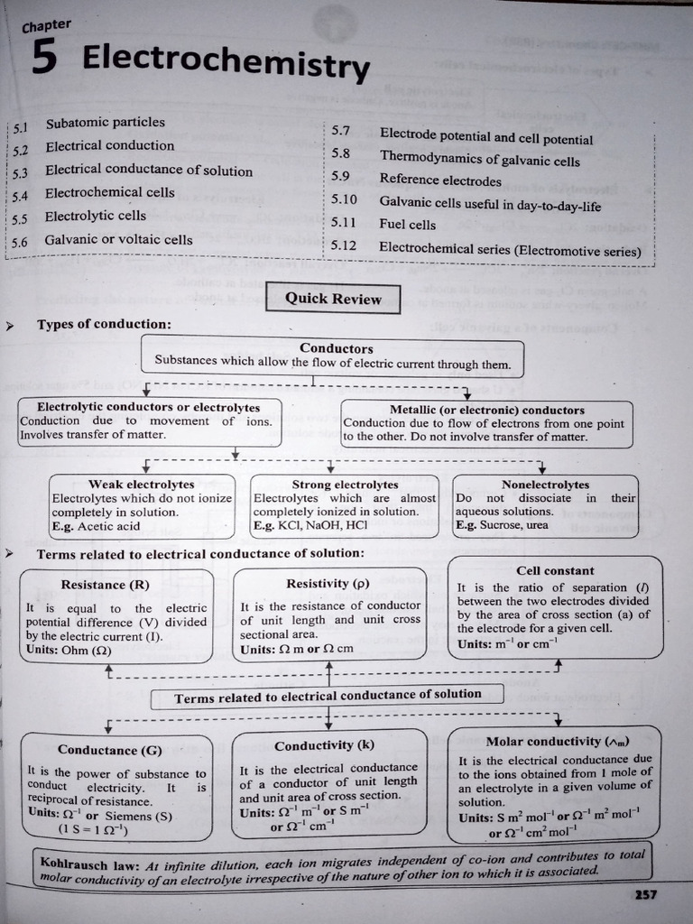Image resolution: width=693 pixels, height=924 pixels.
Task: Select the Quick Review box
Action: pyautogui.click(x=333, y=299)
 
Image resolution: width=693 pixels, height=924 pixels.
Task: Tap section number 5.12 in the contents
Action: pyautogui.click(x=344, y=245)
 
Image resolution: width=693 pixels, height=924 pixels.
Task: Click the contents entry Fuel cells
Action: pyautogui.click(x=407, y=225)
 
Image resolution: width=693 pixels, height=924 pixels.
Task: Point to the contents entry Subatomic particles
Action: pyautogui.click(x=105, y=123)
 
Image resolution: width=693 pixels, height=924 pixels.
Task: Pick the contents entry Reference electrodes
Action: pyautogui.click(x=439, y=180)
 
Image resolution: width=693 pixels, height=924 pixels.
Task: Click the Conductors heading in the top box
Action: pyautogui.click(x=336, y=348)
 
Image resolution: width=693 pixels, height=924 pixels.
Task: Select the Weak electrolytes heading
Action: pyautogui.click(x=141, y=485)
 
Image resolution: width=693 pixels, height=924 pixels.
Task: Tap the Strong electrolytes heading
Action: pyautogui.click(x=345, y=485)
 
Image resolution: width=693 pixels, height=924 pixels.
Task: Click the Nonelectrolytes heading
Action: pyautogui.click(x=545, y=485)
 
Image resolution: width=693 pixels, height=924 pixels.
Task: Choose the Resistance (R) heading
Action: pyautogui.click(x=105, y=585)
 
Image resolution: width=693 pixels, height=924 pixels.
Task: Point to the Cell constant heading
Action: pyautogui.click(x=555, y=570)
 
